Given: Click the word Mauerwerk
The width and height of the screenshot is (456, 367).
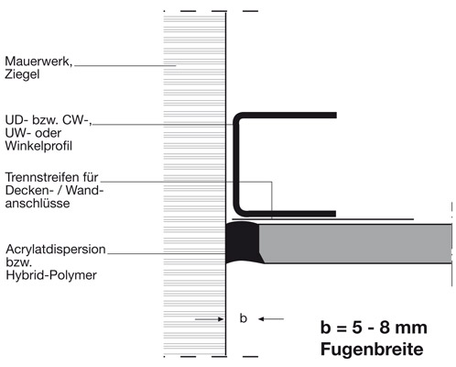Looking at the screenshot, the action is point(38,61).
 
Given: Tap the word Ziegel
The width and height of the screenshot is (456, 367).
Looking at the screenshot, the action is point(22,74).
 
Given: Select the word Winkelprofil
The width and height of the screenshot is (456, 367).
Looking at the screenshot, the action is point(38,146).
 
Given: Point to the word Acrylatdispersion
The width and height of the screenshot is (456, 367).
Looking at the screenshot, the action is point(56,250).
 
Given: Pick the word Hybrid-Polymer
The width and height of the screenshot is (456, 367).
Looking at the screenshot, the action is point(51,275).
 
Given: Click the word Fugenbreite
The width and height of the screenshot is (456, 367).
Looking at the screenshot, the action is point(372,350).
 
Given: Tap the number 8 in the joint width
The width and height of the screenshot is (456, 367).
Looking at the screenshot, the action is point(385,328).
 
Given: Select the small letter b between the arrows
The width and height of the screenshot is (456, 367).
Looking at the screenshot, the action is point(244,318).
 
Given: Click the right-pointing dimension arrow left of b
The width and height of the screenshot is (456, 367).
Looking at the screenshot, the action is point(210,319).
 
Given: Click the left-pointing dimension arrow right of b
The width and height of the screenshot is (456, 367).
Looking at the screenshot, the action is point(271,319).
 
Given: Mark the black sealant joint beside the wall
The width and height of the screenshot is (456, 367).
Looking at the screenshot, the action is point(243,242).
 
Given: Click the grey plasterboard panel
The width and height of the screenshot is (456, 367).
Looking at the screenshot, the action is point(356,244).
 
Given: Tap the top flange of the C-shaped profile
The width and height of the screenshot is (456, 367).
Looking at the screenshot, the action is point(287,116).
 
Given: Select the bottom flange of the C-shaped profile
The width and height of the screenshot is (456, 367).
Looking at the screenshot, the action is point(287,214).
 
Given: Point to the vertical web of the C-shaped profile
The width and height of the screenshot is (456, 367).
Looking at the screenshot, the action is point(236,164).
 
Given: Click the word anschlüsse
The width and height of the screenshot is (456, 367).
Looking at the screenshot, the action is point(38,204).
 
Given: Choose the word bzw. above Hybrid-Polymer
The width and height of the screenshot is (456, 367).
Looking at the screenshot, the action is point(18,262).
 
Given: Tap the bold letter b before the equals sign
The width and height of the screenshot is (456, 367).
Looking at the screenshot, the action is point(326,328).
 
